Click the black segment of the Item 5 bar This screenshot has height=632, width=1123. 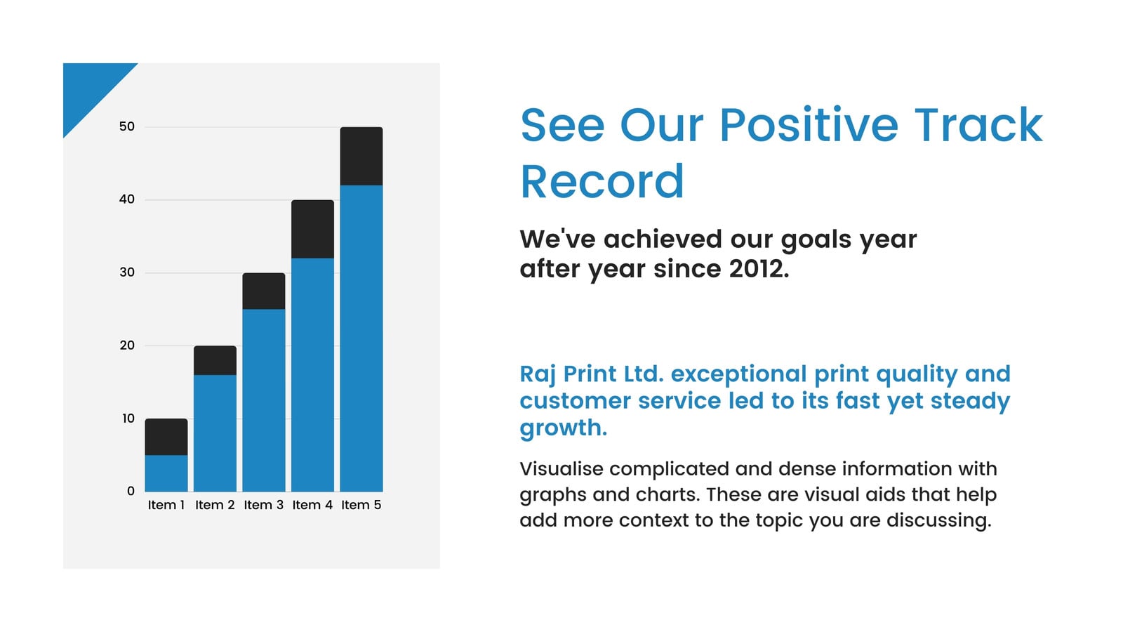click(361, 156)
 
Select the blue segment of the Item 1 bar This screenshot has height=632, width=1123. click(166, 473)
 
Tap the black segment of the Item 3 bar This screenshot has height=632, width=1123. click(264, 291)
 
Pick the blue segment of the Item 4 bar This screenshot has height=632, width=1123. click(312, 375)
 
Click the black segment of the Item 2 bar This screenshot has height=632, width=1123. click(215, 360)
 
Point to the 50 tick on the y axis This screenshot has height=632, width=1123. click(127, 126)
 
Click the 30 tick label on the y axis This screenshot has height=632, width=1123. click(127, 272)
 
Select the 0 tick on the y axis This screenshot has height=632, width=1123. click(131, 491)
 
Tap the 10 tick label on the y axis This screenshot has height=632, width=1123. click(128, 419)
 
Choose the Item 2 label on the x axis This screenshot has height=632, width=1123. click(215, 505)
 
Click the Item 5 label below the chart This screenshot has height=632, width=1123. click(361, 505)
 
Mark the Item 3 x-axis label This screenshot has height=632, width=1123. click(264, 505)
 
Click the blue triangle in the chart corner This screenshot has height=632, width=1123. click(88, 88)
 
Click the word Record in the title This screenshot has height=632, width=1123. click(602, 181)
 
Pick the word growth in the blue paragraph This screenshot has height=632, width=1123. click(564, 428)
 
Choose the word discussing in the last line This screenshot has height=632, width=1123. click(939, 520)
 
